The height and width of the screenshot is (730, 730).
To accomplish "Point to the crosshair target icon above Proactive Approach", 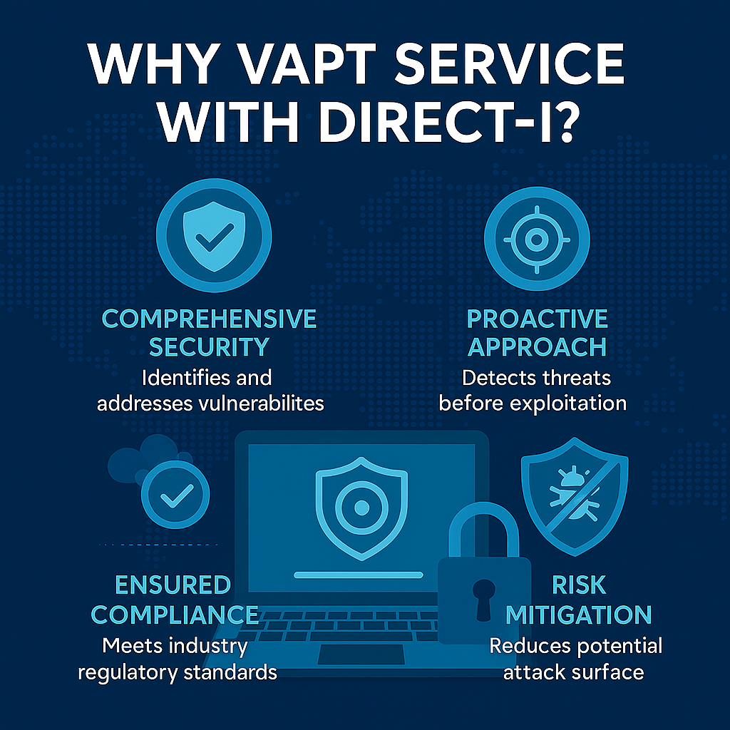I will (x=536, y=238).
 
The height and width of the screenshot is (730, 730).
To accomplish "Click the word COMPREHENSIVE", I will (x=210, y=319).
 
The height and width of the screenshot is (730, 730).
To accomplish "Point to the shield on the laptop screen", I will (x=361, y=505).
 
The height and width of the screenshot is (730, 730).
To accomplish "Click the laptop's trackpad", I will (x=354, y=654).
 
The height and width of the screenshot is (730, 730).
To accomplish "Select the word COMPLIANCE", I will (x=175, y=615).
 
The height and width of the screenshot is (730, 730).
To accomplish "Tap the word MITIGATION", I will (x=578, y=615).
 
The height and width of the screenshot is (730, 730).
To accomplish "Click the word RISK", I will (x=578, y=585).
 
